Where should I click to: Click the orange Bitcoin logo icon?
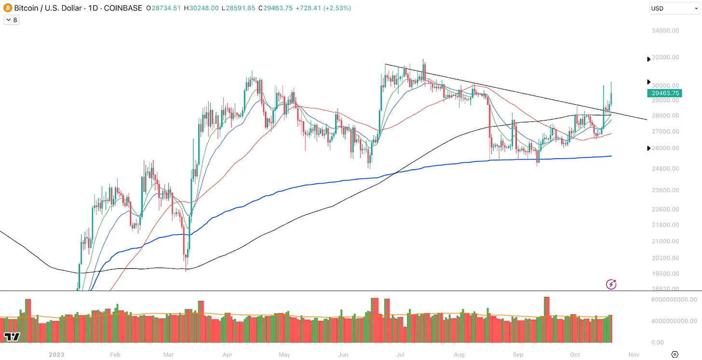point(8,8)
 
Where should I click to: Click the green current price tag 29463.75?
point(665,93)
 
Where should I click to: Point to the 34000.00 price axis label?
point(665,31)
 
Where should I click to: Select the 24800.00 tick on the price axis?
point(665,169)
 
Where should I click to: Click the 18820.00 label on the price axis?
point(665,289)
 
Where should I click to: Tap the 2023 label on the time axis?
point(56,355)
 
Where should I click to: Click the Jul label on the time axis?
point(400,355)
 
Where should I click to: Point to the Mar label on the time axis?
point(168,355)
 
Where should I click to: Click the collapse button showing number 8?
point(11,20)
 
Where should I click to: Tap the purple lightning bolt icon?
point(611,284)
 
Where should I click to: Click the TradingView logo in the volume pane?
point(12,337)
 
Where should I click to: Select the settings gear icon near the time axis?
point(675,354)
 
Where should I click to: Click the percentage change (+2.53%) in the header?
point(337,8)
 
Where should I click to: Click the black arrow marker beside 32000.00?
point(648,59)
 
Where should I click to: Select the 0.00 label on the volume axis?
point(671,343)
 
